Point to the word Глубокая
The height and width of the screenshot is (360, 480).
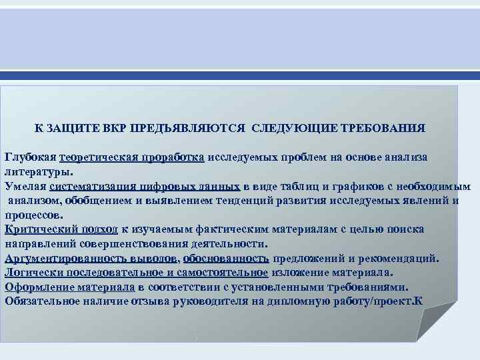pyautogui.click(x=30, y=157)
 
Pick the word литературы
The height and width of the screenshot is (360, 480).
pyautogui.click(x=38, y=171)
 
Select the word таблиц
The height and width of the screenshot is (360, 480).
pyautogui.click(x=302, y=186)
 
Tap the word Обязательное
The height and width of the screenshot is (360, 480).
pyautogui.click(x=42, y=301)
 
